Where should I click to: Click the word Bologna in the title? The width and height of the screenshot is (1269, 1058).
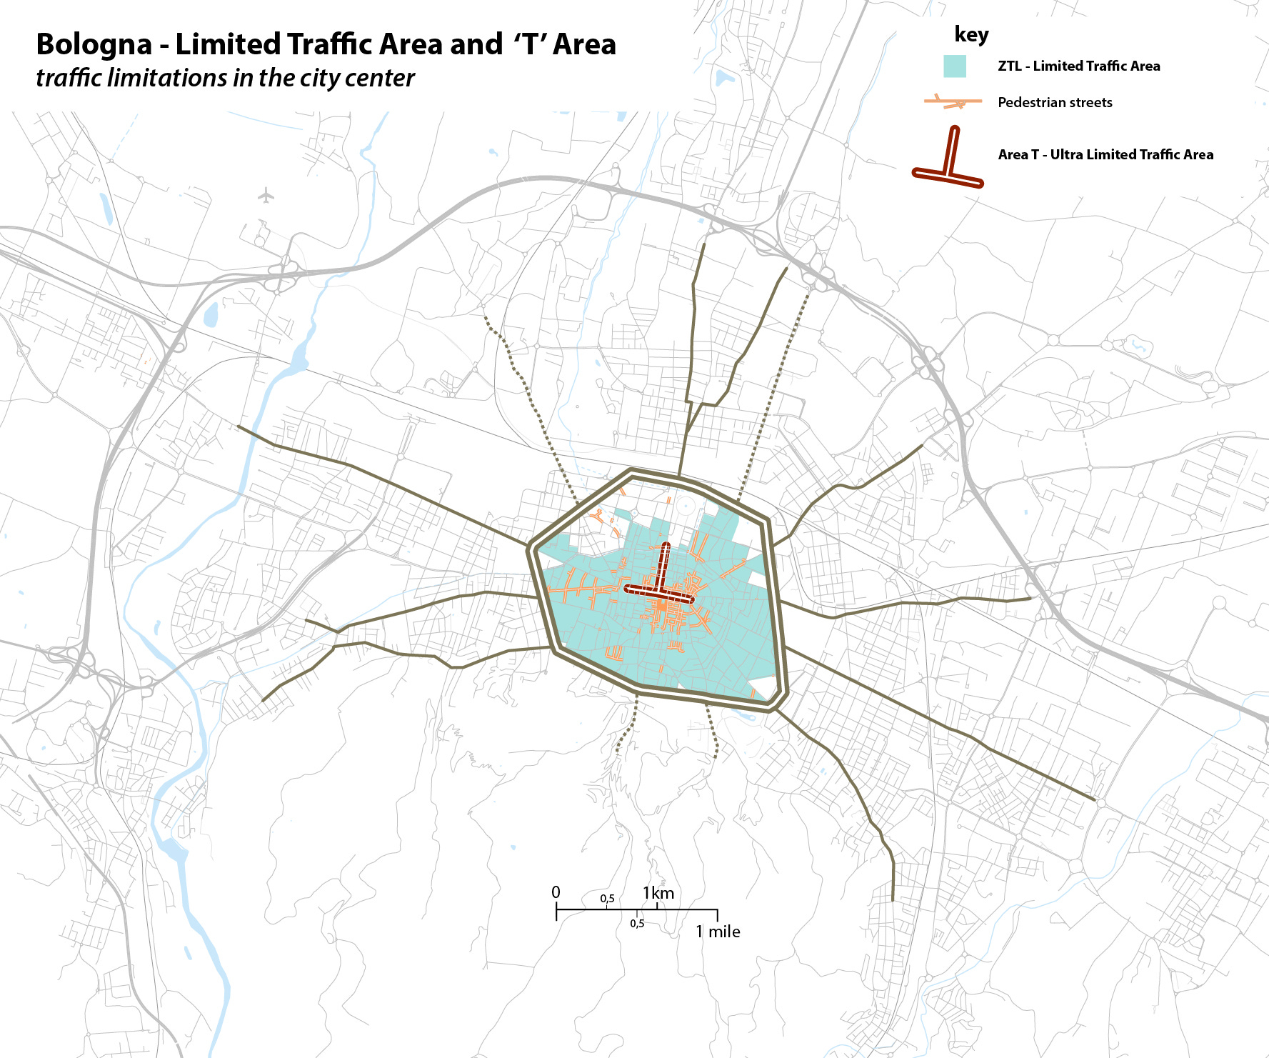[x=94, y=45]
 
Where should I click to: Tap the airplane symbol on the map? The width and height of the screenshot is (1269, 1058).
[x=266, y=194]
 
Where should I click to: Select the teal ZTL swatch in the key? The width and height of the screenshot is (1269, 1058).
[x=954, y=66]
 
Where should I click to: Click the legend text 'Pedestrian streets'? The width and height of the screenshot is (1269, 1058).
[x=1055, y=102]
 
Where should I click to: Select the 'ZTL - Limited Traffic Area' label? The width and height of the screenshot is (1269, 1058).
[x=1078, y=66]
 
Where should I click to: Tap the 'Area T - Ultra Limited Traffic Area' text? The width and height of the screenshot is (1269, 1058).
[x=1105, y=155]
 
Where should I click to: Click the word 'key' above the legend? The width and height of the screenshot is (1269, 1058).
[x=971, y=34]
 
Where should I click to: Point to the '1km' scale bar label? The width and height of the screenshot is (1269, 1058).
[x=658, y=893]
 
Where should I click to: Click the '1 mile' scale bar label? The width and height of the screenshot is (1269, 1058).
[x=718, y=932]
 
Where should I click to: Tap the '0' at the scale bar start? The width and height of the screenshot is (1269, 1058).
[x=556, y=892]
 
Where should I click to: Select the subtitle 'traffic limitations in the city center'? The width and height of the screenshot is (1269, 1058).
[x=225, y=78]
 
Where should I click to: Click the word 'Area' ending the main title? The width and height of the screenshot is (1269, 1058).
[x=584, y=45]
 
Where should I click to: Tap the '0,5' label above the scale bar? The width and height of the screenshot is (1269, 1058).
[x=607, y=899]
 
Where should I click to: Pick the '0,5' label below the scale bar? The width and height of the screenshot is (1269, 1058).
[x=637, y=924]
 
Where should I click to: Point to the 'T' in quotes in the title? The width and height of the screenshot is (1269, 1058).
[x=529, y=45]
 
